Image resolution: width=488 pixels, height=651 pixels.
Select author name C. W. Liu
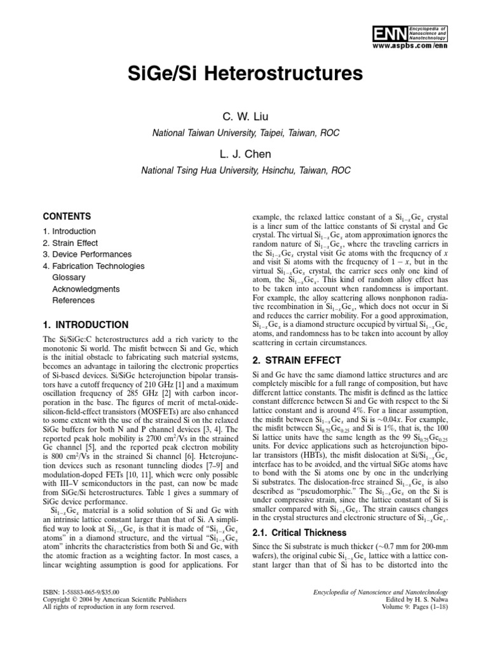(x=245, y=117)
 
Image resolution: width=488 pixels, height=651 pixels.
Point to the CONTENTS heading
(x=66, y=216)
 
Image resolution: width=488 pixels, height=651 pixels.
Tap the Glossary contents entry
(x=67, y=277)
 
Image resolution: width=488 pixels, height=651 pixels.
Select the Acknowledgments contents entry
(x=83, y=289)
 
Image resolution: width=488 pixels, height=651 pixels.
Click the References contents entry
(x=73, y=300)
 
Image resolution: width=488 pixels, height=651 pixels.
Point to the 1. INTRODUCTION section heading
(x=85, y=325)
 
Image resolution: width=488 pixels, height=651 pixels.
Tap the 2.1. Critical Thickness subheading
(x=297, y=533)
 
